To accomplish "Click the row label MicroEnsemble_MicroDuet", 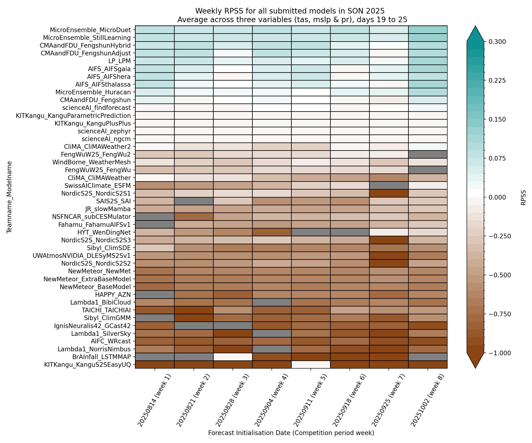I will [x=90, y=30].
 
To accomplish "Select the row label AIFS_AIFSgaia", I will [x=109, y=69].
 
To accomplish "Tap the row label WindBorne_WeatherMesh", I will [x=92, y=162].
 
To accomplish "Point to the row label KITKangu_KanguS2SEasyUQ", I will [x=87, y=365].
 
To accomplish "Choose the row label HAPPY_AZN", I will [x=113, y=295].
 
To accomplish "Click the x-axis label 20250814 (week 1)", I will [x=154, y=400].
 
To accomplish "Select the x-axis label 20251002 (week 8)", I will [x=427, y=400].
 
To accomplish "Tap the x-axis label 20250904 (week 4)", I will [x=271, y=400].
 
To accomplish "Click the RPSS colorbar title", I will [x=523, y=197].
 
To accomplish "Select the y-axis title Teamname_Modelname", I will [x=9, y=197].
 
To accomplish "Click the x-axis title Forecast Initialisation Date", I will [x=291, y=433].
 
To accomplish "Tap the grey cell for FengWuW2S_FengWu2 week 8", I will [x=428, y=154].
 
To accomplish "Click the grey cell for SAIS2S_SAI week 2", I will [x=194, y=201].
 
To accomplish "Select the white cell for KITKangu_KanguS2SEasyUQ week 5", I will [x=311, y=365].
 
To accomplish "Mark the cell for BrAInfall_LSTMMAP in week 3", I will [x=233, y=357].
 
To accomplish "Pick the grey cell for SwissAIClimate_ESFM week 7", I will [x=389, y=186].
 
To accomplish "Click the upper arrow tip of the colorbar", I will [x=475, y=26].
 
